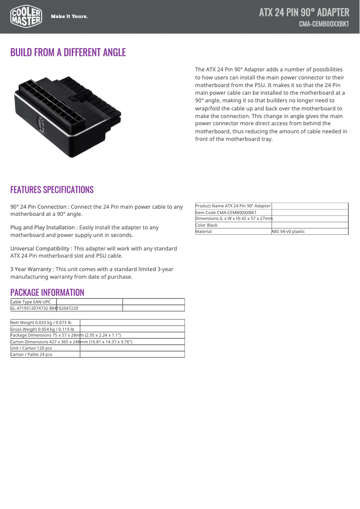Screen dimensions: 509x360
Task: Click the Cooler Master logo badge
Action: (x=26, y=17)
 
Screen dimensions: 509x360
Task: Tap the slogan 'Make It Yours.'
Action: (x=69, y=17)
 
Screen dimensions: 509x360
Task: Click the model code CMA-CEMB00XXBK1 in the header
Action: (x=324, y=24)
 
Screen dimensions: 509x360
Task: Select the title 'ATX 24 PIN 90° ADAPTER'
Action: (x=304, y=12)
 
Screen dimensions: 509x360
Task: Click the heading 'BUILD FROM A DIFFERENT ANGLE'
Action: (x=68, y=53)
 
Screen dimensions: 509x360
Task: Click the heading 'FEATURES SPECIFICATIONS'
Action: (x=52, y=189)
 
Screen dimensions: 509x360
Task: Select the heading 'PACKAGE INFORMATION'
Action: (x=47, y=293)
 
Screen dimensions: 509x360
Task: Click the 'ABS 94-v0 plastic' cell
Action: (x=288, y=232)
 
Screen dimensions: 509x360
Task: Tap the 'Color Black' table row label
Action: (x=206, y=225)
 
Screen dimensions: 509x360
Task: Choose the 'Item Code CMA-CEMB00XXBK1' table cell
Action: (x=226, y=212)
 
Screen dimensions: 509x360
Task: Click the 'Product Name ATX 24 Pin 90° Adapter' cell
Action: (x=233, y=206)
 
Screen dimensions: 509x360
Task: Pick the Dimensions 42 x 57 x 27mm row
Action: (x=234, y=219)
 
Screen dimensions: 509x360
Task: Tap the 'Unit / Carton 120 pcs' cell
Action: (x=31, y=348)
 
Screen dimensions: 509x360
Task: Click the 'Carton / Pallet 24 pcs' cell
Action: (x=31, y=354)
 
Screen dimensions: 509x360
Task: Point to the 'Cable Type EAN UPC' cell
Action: (x=31, y=302)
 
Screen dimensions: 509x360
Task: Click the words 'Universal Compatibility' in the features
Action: (x=40, y=249)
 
